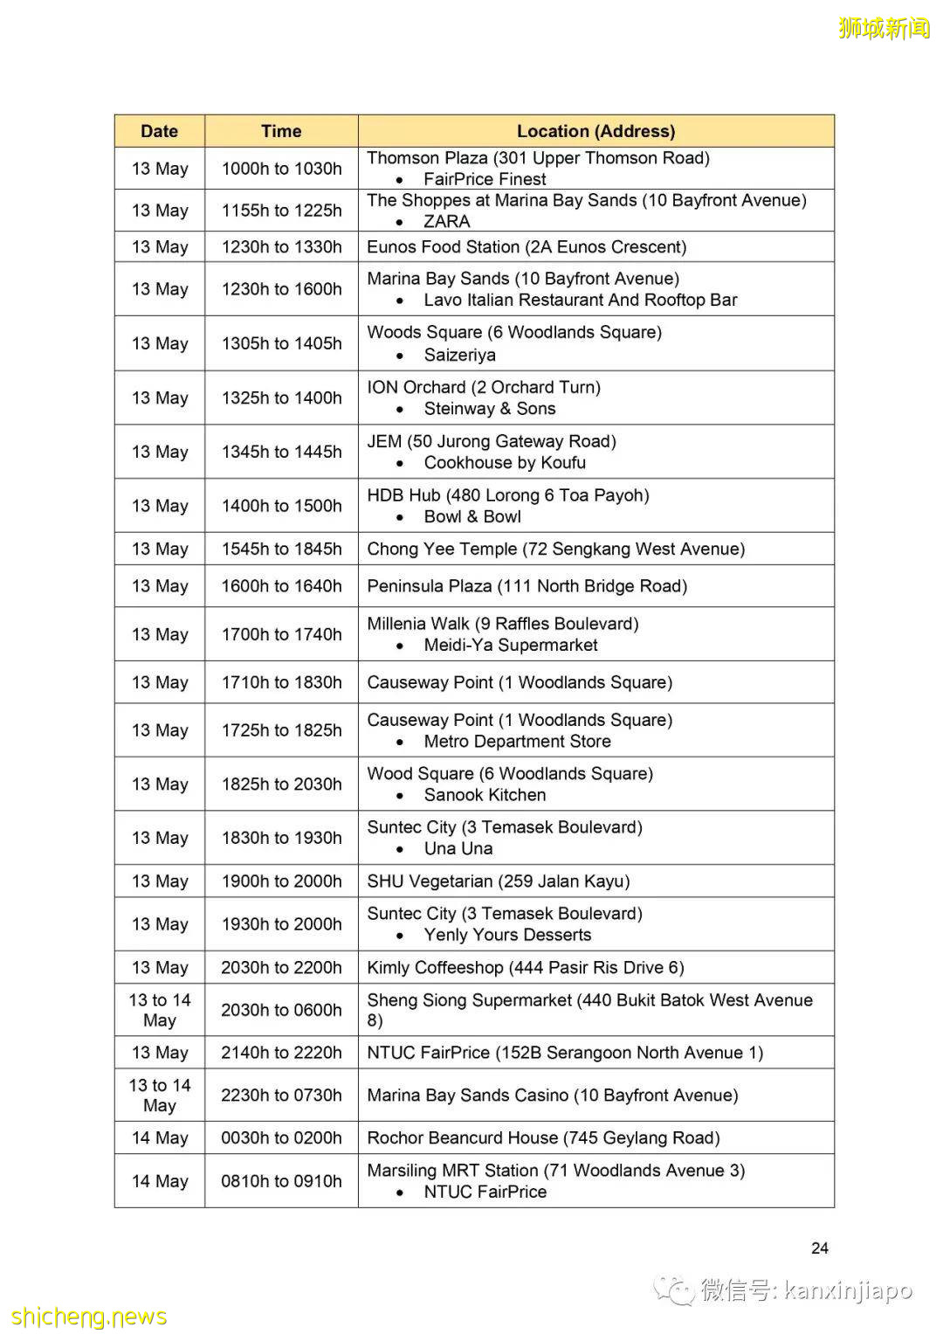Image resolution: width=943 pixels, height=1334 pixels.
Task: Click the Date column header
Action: [x=159, y=131]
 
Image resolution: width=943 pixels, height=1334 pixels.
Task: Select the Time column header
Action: [x=281, y=131]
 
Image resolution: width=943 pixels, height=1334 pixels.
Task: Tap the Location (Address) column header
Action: [x=595, y=131]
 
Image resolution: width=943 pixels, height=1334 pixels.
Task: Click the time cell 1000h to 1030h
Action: [x=281, y=169]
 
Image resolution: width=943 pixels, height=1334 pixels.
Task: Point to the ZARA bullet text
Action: [x=446, y=222]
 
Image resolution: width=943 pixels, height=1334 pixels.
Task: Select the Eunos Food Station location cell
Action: [x=527, y=247]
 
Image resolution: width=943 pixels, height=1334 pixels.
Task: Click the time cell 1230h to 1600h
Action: [x=281, y=289]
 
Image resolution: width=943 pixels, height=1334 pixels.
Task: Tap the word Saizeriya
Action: [x=459, y=355]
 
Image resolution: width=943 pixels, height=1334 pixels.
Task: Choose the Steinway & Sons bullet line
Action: [x=489, y=409]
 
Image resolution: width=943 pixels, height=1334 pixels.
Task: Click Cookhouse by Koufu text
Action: [x=505, y=463]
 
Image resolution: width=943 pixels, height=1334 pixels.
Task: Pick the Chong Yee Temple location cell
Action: [x=555, y=549]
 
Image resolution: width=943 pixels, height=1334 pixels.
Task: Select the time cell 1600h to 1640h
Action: [x=281, y=586]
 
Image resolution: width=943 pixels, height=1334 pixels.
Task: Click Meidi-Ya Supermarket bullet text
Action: [x=511, y=646]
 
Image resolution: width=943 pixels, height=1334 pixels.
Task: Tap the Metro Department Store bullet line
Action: [x=517, y=742]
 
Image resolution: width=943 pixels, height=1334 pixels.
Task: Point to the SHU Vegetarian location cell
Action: [x=498, y=881]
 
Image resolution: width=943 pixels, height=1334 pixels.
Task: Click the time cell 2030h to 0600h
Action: [x=281, y=1010]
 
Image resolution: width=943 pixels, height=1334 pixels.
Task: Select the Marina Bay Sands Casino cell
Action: [x=552, y=1096]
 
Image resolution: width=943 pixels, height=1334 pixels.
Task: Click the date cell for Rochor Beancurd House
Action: [x=159, y=1138]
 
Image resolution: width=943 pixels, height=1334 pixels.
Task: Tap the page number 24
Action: [x=819, y=1248]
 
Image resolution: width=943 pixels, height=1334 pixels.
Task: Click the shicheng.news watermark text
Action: [x=89, y=1317]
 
